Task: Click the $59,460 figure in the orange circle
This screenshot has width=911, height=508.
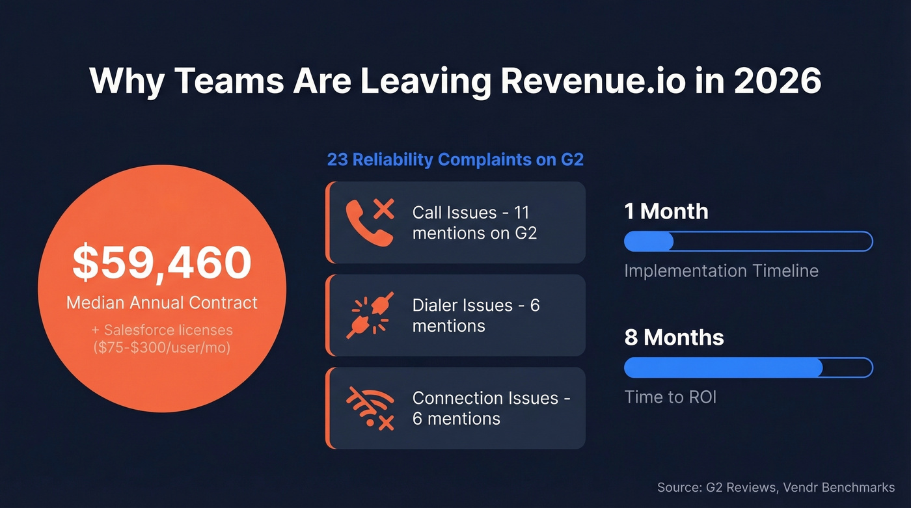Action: [161, 263]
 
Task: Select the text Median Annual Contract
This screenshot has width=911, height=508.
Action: [161, 302]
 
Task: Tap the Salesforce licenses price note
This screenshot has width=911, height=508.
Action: [161, 339]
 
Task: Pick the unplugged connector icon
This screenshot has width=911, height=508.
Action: [370, 315]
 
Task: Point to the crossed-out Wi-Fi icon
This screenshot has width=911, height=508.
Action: [370, 408]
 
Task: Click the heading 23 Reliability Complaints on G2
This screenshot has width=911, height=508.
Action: [455, 159]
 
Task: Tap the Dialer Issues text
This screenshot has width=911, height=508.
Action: [476, 315]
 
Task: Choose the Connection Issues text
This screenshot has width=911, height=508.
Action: [491, 408]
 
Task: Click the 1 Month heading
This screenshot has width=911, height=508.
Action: [666, 211]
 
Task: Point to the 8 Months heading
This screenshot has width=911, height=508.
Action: [674, 338]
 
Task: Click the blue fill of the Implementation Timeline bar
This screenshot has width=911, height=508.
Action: [649, 241]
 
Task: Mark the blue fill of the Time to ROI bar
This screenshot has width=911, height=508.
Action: [723, 368]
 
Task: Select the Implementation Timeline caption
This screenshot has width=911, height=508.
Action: [721, 271]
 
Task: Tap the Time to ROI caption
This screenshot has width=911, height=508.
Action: [670, 397]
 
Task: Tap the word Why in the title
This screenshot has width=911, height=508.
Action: [126, 81]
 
